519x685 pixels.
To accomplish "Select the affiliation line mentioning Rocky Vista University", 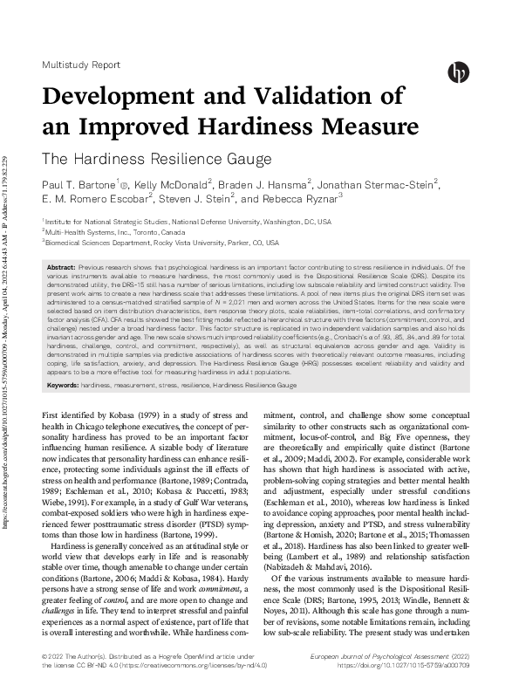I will (x=162, y=243).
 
